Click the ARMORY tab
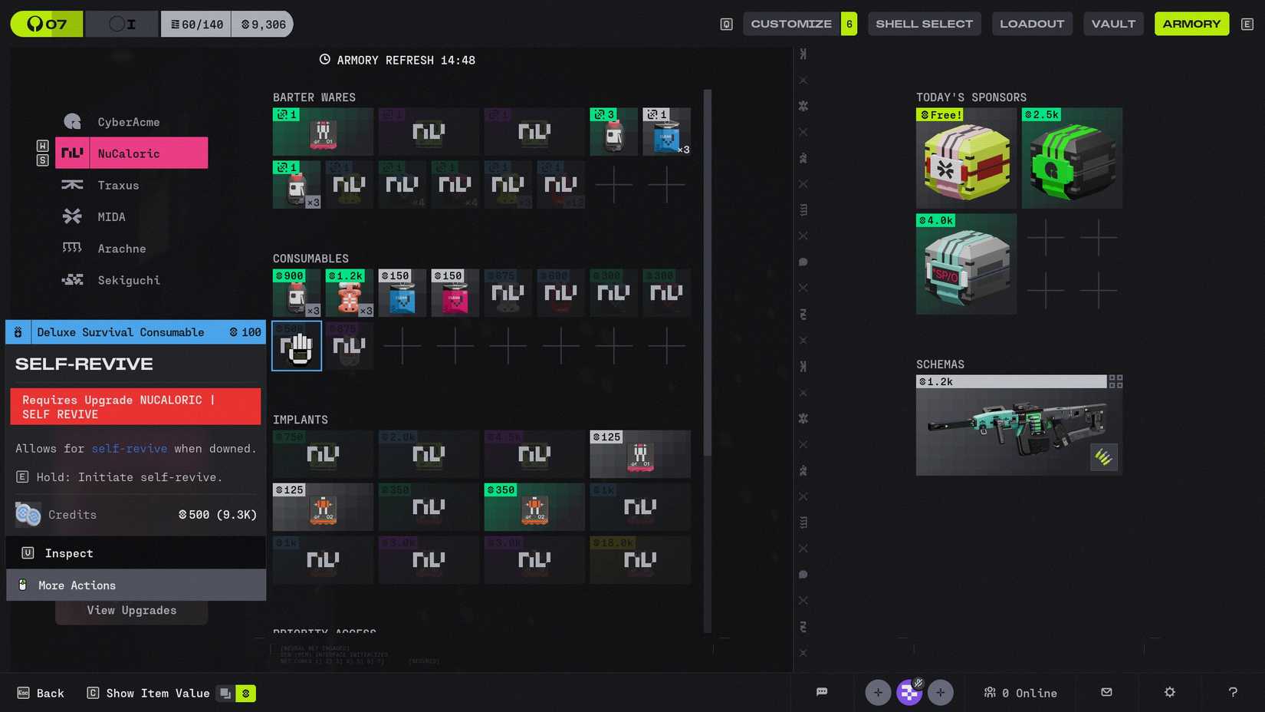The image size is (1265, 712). (x=1191, y=24)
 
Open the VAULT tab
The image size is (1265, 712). (x=1113, y=24)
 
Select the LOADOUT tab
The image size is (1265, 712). (x=1031, y=24)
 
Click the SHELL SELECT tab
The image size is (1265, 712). (x=924, y=24)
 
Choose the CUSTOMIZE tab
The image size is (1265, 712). (x=791, y=24)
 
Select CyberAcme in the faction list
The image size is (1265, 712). (x=127, y=122)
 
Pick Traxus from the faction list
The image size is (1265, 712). (x=117, y=186)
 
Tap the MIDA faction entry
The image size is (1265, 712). (x=110, y=217)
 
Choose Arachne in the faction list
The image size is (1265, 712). (x=121, y=249)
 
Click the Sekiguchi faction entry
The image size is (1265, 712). (x=128, y=280)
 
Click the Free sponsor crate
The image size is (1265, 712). (x=966, y=159)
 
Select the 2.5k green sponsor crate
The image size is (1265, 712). (x=1071, y=159)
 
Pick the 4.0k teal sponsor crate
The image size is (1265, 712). (x=966, y=265)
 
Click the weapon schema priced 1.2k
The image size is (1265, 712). (x=1018, y=426)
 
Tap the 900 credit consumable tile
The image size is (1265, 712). (x=297, y=293)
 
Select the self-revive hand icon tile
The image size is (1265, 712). (x=297, y=347)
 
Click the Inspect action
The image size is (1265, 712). (x=69, y=553)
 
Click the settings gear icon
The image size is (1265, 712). (x=1169, y=692)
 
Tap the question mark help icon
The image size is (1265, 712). (x=1232, y=692)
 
